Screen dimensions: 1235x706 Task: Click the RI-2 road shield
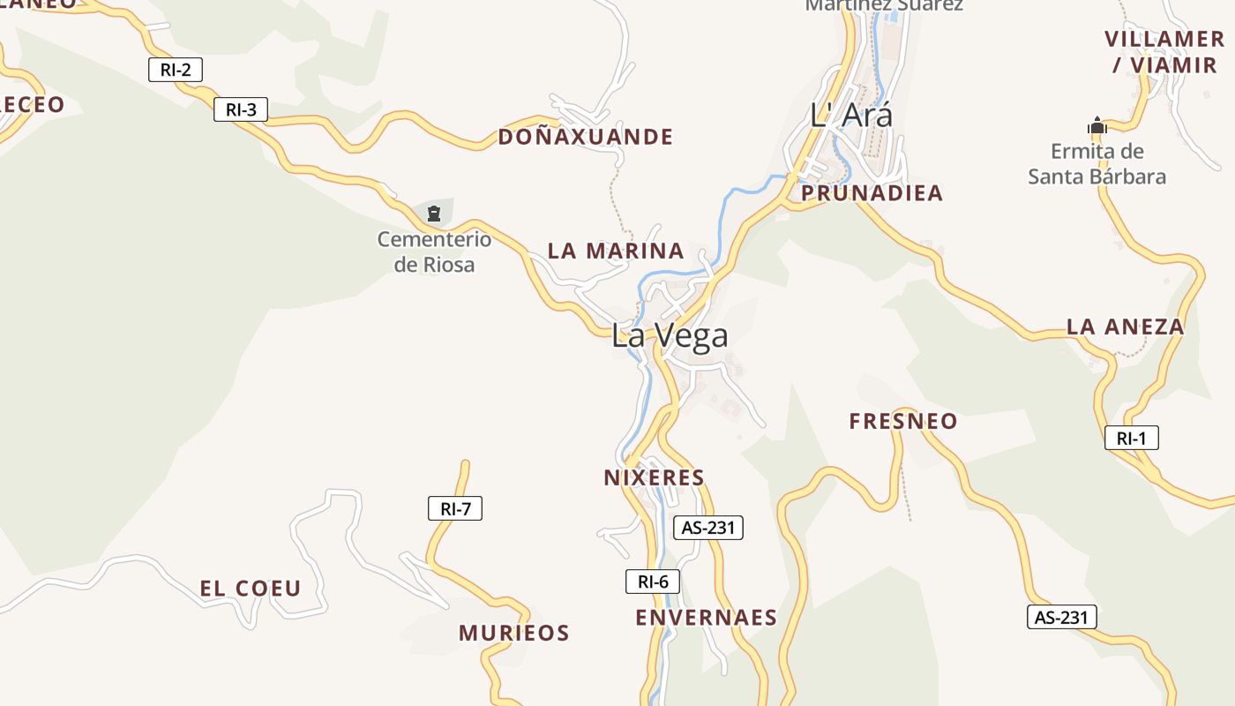pos(176,70)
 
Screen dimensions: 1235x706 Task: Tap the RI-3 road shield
pos(241,109)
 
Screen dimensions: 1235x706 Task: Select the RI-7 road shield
pos(455,508)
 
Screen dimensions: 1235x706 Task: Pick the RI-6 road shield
pos(653,582)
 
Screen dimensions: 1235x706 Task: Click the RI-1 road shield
pos(1132,438)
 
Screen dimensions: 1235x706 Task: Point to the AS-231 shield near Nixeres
pos(708,528)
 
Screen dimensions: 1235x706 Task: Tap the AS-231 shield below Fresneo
pos(1062,617)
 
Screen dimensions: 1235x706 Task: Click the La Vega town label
pos(670,335)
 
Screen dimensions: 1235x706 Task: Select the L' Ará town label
pos(851,115)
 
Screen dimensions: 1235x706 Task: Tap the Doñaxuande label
pos(586,137)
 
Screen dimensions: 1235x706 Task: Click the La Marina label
pos(616,251)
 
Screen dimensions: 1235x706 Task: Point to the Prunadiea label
pos(872,193)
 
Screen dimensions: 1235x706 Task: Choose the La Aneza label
pos(1126,327)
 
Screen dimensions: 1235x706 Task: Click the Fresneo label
pos(903,421)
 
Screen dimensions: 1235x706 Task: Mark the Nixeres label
pos(655,478)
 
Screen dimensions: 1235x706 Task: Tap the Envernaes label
pos(707,617)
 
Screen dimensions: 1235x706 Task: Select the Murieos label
pos(514,633)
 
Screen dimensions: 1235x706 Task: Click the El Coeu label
pos(251,589)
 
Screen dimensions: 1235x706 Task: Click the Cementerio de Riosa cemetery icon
pos(434,213)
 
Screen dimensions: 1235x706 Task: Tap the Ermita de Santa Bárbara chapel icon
pos(1097,126)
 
